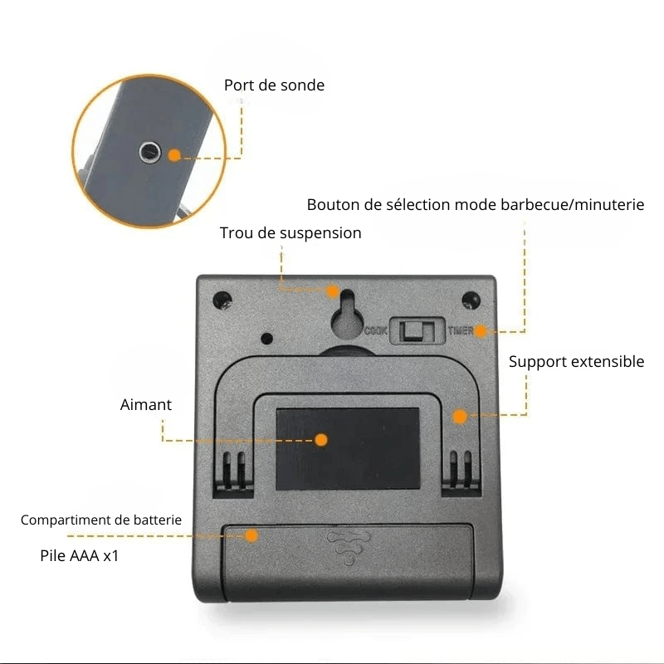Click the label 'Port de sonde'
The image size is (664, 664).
[x=274, y=85]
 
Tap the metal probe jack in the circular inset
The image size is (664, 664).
[x=150, y=153]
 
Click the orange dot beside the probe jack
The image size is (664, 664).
[x=174, y=155]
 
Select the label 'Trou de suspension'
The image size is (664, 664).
[x=290, y=233]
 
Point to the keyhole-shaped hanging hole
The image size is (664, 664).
[x=347, y=315]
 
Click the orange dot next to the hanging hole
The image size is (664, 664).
[x=333, y=291]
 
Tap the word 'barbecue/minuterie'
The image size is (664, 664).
[x=573, y=205]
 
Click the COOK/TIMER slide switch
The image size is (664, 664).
[x=418, y=330]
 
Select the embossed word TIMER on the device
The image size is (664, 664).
[x=461, y=330]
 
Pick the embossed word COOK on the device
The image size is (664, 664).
[x=376, y=330]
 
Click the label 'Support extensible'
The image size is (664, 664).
[x=576, y=362]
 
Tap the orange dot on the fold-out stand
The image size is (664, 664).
[x=460, y=417]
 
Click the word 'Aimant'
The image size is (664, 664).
[x=146, y=405]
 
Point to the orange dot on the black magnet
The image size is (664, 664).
[x=321, y=440]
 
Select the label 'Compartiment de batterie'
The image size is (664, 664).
[x=101, y=520]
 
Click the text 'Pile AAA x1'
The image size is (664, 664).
[x=79, y=555]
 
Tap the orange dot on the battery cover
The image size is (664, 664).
[x=251, y=535]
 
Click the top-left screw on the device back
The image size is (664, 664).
[x=222, y=300]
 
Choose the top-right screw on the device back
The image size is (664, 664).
[x=471, y=300]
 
